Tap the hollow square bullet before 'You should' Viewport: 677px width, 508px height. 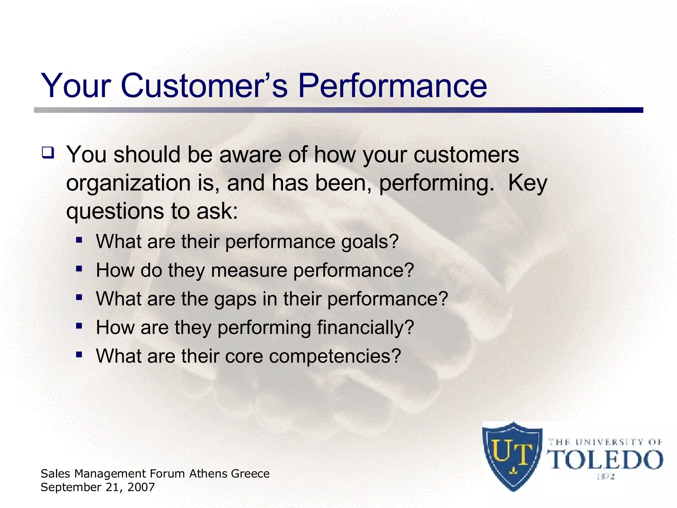(x=48, y=153)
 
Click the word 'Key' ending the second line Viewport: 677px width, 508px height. (x=528, y=184)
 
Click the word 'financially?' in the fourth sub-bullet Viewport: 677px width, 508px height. (x=365, y=328)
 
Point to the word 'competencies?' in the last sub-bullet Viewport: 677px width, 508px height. (x=335, y=357)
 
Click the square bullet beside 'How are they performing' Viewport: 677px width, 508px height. (x=79, y=326)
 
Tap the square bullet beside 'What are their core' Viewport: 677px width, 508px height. (x=79, y=355)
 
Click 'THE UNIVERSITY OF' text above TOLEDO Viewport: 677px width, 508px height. (x=605, y=442)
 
